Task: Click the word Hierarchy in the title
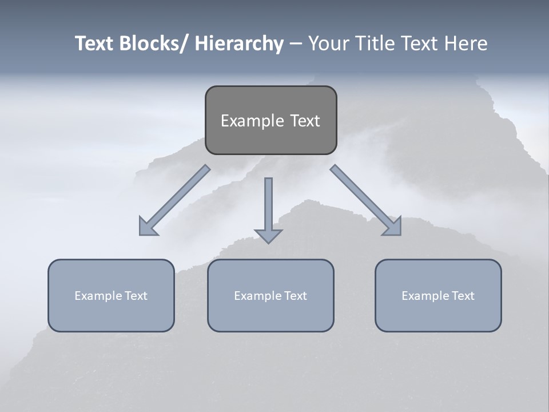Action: [239, 43]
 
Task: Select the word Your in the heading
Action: [328, 43]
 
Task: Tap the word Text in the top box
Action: [304, 121]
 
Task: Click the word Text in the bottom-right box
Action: [462, 296]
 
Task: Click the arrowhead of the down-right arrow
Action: [393, 227]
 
